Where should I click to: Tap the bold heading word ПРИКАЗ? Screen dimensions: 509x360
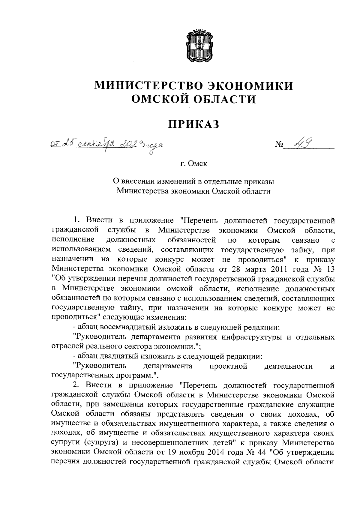[x=193, y=124]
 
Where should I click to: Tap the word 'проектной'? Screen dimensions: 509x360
[x=228, y=366]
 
